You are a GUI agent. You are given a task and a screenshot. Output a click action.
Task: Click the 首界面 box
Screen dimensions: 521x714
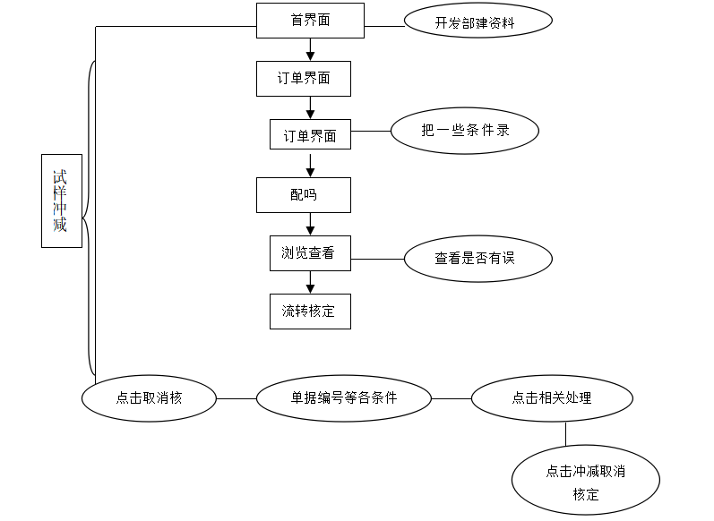[310, 21]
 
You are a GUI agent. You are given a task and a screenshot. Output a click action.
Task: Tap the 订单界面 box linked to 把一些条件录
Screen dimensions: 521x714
[310, 135]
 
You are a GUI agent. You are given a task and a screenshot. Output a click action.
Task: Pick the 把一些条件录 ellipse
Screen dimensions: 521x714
[465, 131]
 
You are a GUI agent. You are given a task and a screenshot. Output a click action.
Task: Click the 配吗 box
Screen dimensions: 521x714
[303, 195]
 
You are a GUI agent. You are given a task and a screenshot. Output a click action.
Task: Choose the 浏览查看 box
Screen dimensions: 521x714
[310, 252]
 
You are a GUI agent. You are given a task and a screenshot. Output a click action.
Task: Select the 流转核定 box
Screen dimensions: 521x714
[310, 311]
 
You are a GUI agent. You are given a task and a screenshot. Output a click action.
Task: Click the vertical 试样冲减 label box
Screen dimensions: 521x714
[61, 201]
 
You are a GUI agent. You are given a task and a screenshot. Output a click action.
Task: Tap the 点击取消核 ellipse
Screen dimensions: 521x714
[149, 397]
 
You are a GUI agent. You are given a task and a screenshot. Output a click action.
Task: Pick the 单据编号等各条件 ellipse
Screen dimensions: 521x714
[344, 397]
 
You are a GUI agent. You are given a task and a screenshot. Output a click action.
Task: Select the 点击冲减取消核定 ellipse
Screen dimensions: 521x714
[585, 482]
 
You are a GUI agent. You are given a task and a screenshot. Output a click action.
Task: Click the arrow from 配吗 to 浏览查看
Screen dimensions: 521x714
[310, 224]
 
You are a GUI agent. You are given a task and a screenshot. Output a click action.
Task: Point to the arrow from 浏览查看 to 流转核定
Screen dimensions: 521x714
[310, 282]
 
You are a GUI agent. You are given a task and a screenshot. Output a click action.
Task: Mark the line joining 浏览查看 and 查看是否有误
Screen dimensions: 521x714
[376, 259]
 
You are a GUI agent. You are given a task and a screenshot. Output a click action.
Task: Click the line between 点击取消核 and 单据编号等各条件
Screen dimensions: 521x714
[236, 397]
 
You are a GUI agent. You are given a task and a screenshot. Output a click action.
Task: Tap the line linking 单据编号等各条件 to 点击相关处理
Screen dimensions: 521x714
[452, 397]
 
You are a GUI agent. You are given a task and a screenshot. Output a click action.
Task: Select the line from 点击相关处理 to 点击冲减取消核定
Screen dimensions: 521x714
[565, 433]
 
